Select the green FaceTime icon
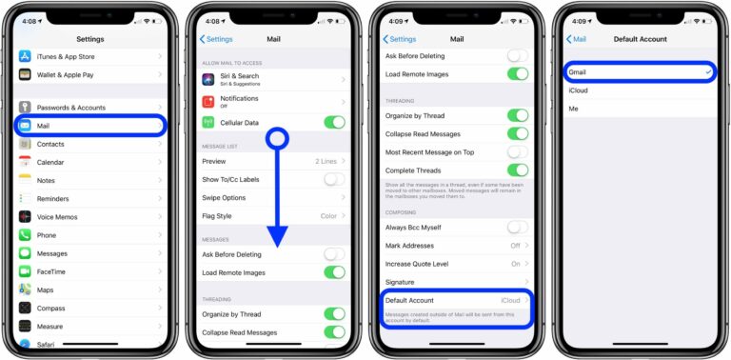pos(25,271)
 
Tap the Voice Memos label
pos(60,217)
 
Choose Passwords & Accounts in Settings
pos(71,108)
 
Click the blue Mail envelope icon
pos(25,126)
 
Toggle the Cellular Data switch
pos(334,122)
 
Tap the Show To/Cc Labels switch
pos(334,179)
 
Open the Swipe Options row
pos(224,197)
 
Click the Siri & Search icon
pos(207,78)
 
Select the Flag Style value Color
pos(328,215)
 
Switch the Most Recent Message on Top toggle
pos(517,151)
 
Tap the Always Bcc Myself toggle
pos(517,227)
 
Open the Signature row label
pos(400,282)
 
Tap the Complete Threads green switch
pos(517,170)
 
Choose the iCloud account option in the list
pos(578,90)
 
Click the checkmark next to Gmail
pos(707,72)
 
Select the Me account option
pos(573,109)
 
